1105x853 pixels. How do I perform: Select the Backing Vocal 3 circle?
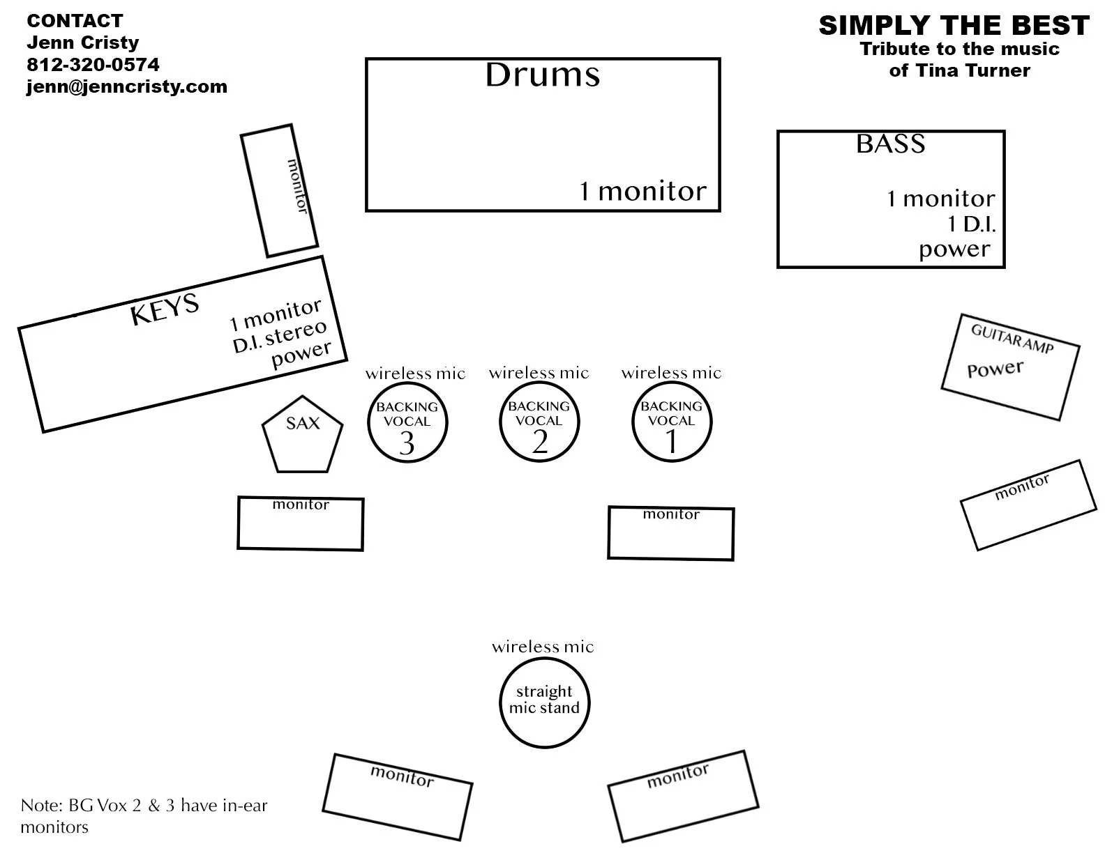(407, 422)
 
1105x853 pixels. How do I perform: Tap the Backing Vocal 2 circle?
(539, 422)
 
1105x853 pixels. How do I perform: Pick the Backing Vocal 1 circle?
(672, 422)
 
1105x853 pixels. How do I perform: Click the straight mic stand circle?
(544, 700)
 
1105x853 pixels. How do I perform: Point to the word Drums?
(542, 75)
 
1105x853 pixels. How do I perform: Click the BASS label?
(890, 144)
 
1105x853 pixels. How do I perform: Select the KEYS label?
(165, 309)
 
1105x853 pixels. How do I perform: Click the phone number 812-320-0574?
(93, 65)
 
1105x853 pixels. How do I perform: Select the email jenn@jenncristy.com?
(127, 87)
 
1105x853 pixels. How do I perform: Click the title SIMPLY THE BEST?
(954, 26)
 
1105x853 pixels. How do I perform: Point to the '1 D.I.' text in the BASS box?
(970, 224)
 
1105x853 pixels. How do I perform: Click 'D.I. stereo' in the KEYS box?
(280, 337)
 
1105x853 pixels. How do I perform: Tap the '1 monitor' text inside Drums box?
(642, 191)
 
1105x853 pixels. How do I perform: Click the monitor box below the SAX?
(301, 523)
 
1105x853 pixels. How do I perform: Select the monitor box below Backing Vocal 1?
(670, 533)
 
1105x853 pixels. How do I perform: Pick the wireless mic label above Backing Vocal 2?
(539, 373)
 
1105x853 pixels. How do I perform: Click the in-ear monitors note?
(144, 816)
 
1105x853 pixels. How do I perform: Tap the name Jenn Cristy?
(82, 43)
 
